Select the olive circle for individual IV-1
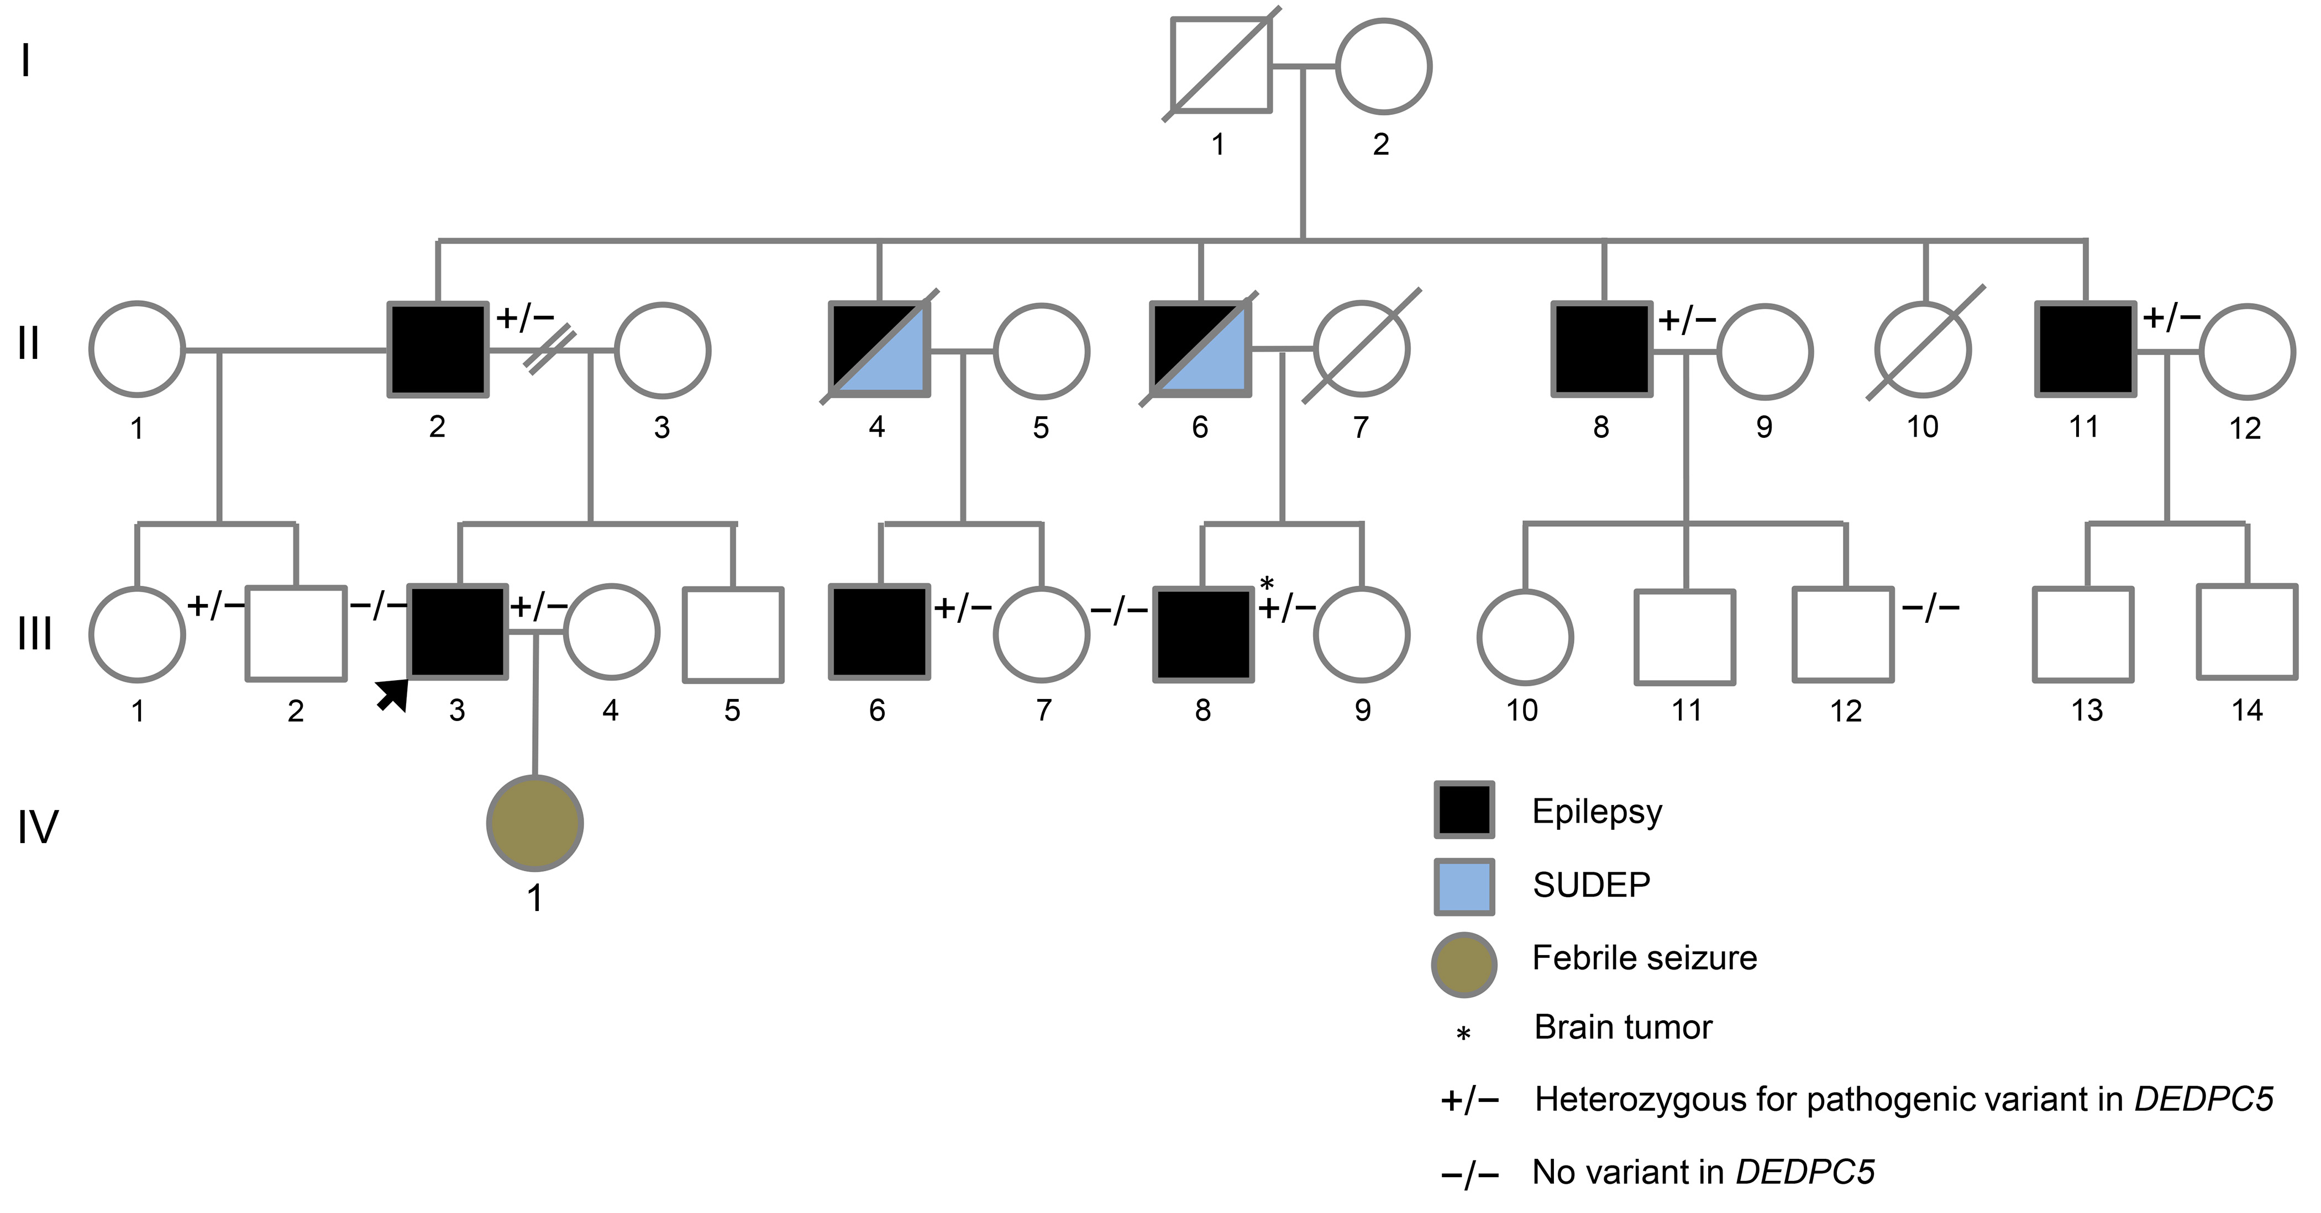tap(535, 823)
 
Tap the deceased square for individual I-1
tap(1221, 65)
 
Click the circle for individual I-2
tap(1383, 66)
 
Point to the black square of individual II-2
tap(438, 349)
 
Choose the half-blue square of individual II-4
tap(879, 349)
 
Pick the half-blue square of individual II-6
tap(1200, 349)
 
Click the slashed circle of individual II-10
tap(1923, 349)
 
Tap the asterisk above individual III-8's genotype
tap(1267, 584)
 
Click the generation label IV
tap(38, 827)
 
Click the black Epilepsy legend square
tap(1464, 809)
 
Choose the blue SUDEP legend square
tap(1464, 886)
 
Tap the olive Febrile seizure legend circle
tap(1464, 963)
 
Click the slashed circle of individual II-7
tap(1362, 349)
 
